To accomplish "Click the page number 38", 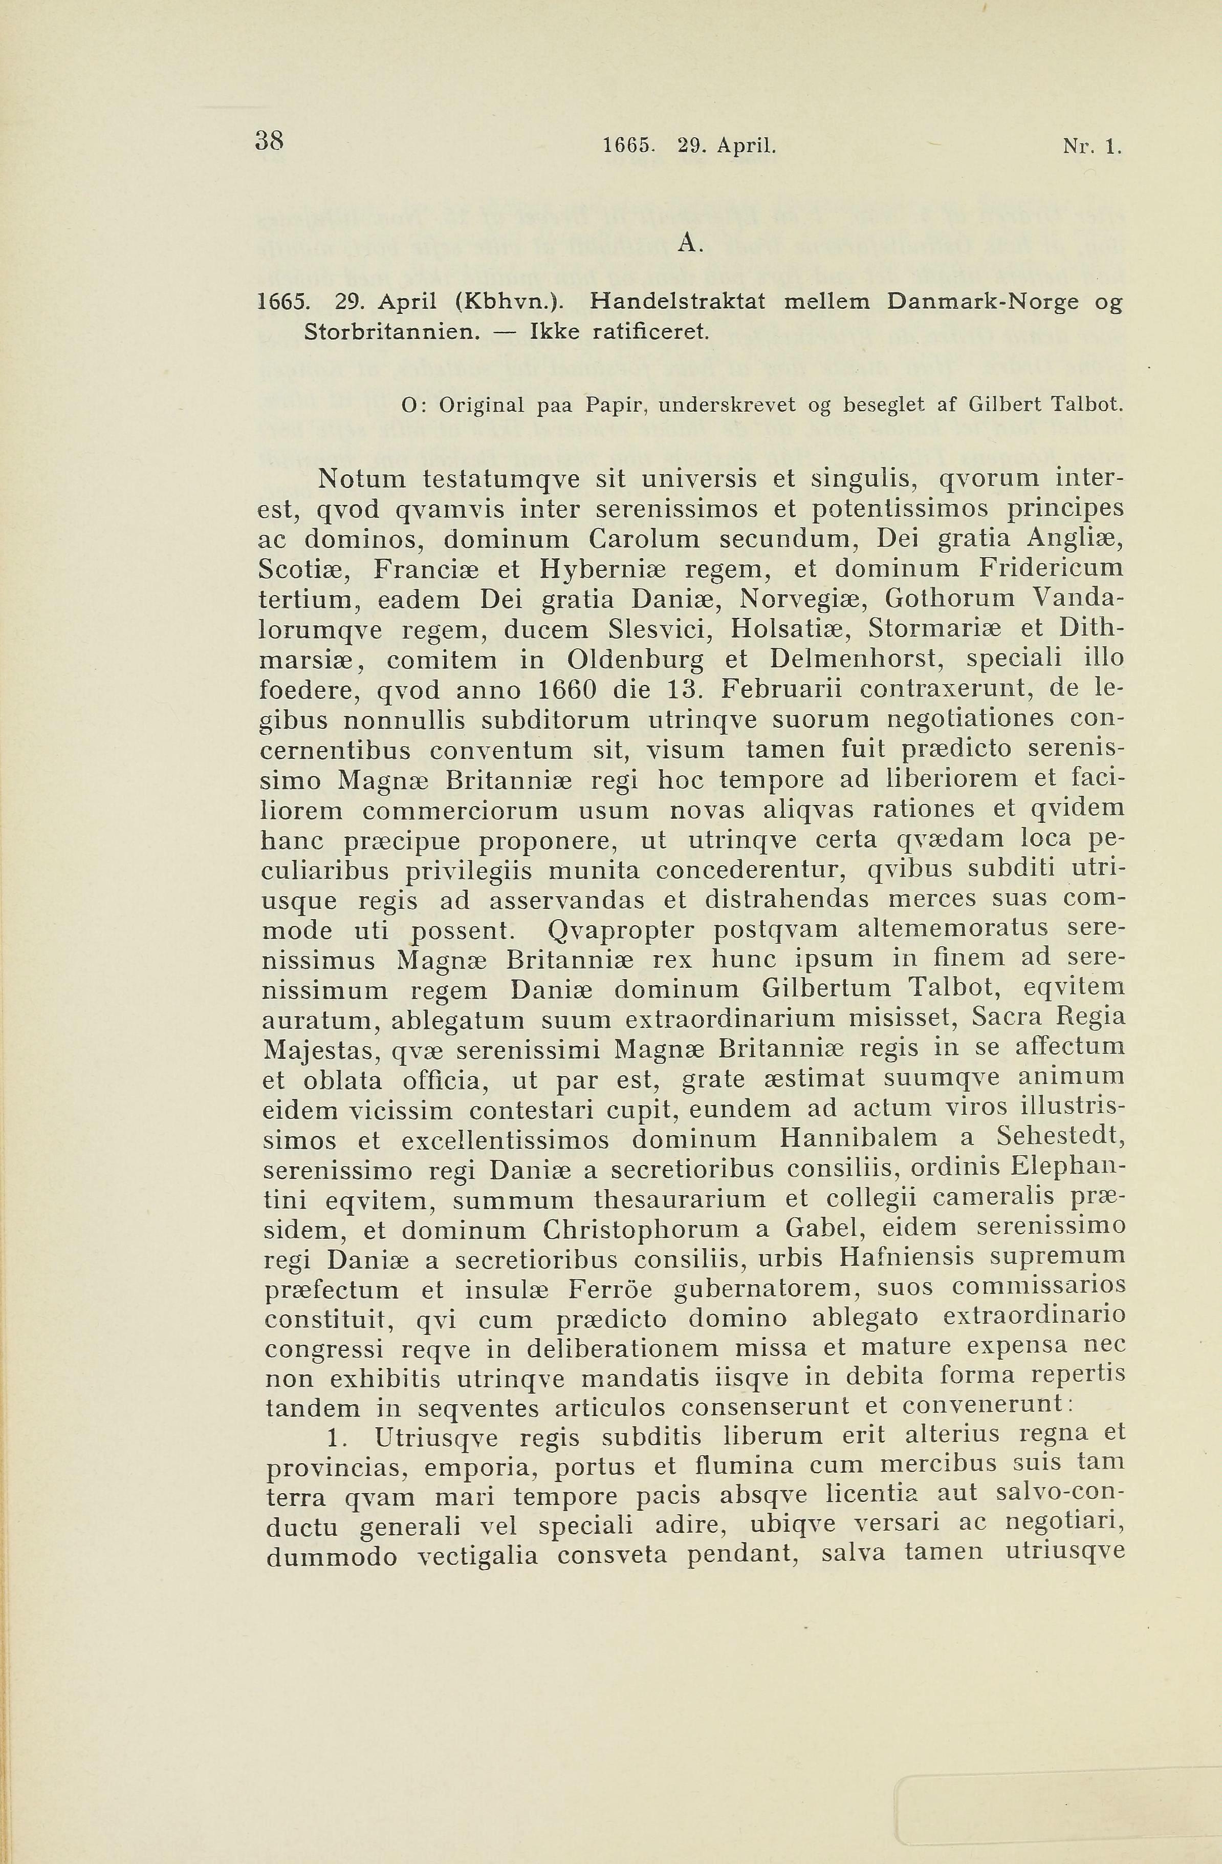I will pyautogui.click(x=269, y=141).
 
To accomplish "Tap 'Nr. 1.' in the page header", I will pyautogui.click(x=1092, y=145).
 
